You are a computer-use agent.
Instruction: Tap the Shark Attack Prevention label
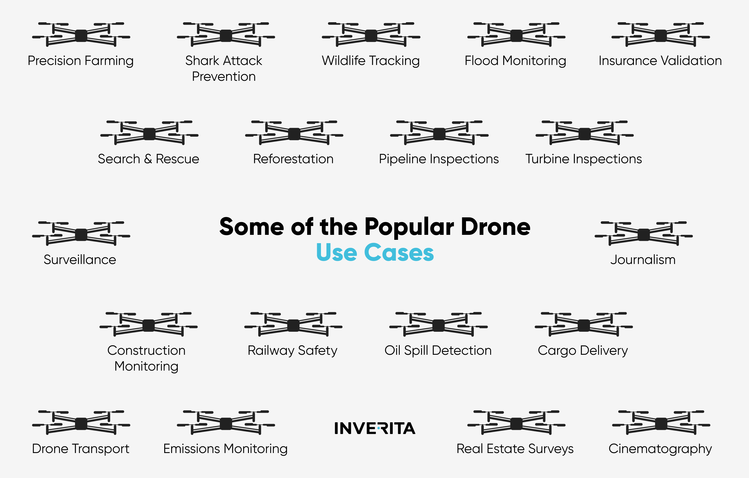point(224,69)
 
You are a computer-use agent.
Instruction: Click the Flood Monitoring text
point(515,61)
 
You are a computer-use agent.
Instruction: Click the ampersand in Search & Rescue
point(148,159)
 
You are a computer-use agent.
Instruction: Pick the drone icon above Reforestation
point(294,133)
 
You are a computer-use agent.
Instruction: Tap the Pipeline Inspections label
point(439,159)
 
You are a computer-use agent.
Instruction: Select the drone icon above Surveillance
point(81,234)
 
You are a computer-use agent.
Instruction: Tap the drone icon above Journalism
point(644,234)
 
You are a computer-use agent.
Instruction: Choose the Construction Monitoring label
point(146,358)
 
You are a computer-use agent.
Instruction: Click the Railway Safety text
point(292,351)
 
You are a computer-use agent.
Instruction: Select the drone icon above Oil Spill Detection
point(439,324)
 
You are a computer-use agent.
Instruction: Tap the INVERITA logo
point(375,428)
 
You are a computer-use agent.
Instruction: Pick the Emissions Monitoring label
point(226,449)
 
